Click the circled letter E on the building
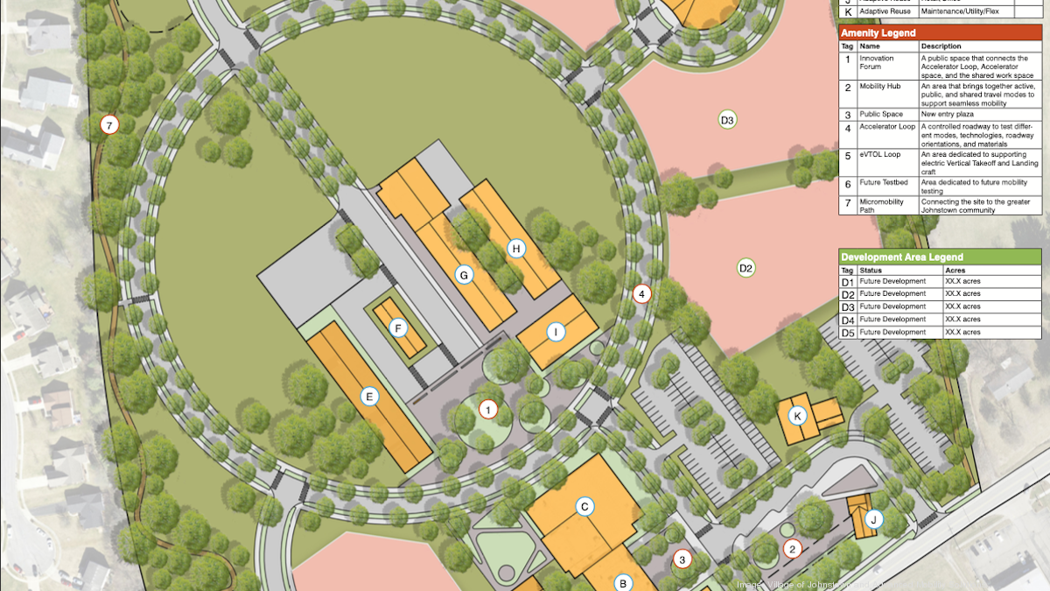click(x=369, y=397)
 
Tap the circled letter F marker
click(x=398, y=328)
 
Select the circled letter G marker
click(x=465, y=275)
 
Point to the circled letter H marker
click(x=516, y=249)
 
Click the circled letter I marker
click(x=556, y=332)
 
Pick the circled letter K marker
click(x=796, y=415)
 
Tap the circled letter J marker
click(x=872, y=520)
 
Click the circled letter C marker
click(x=584, y=505)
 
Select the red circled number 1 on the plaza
click(x=488, y=408)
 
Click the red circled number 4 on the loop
click(x=642, y=294)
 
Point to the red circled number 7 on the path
click(x=109, y=125)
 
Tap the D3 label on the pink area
click(x=726, y=119)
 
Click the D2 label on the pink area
click(x=745, y=268)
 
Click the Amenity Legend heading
click(x=878, y=33)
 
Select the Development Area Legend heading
click(x=901, y=257)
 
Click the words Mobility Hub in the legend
click(x=879, y=88)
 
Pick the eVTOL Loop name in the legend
click(x=879, y=155)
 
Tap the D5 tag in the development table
click(x=847, y=333)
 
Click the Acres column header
click(x=956, y=270)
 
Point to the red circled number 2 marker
click(x=793, y=549)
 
